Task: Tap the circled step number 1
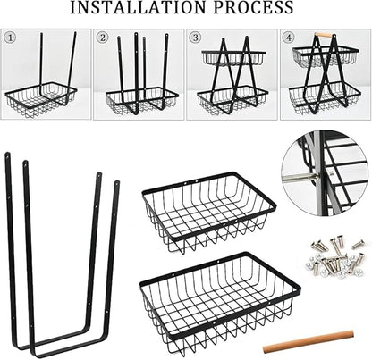[11, 38]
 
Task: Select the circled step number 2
[103, 38]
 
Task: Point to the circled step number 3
[196, 38]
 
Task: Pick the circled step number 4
[289, 38]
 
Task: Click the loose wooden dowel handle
[309, 341]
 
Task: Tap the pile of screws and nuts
[334, 256]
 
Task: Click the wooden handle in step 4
[324, 35]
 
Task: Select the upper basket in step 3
[233, 58]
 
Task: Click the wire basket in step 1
[41, 98]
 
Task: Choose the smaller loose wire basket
[208, 212]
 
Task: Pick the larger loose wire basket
[220, 302]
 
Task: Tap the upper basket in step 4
[325, 56]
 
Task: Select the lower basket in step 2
[142, 100]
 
